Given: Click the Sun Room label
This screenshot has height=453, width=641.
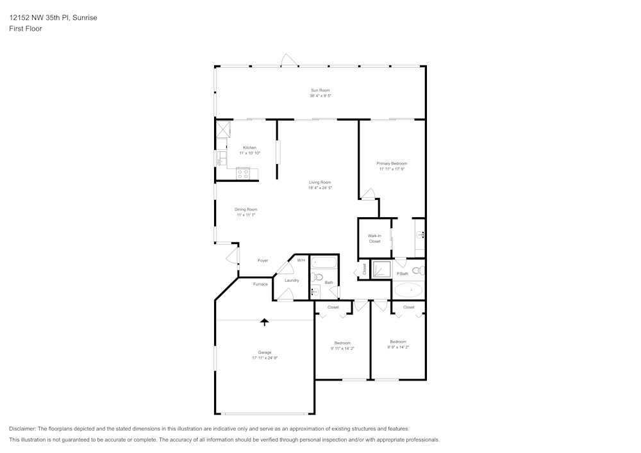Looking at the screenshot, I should [320, 90].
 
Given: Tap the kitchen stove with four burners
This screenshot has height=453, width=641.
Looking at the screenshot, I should [243, 172].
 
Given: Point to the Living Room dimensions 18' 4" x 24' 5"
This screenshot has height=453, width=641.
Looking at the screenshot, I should [320, 188].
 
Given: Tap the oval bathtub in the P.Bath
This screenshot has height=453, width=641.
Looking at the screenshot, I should [408, 290].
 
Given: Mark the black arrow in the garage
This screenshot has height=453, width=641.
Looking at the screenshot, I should [264, 322].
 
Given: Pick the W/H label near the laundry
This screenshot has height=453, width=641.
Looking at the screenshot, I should [301, 260].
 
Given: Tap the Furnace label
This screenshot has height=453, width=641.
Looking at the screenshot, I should [260, 284].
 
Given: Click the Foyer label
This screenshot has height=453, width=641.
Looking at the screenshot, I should [263, 260].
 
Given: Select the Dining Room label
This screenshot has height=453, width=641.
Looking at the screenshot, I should [246, 209].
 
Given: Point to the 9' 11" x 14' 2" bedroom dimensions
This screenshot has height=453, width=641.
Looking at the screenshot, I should [342, 348].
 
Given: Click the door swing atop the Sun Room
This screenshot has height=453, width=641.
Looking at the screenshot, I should [288, 60].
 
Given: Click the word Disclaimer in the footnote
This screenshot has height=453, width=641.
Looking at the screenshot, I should [22, 429].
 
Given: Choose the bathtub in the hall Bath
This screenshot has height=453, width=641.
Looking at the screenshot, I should [323, 263].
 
